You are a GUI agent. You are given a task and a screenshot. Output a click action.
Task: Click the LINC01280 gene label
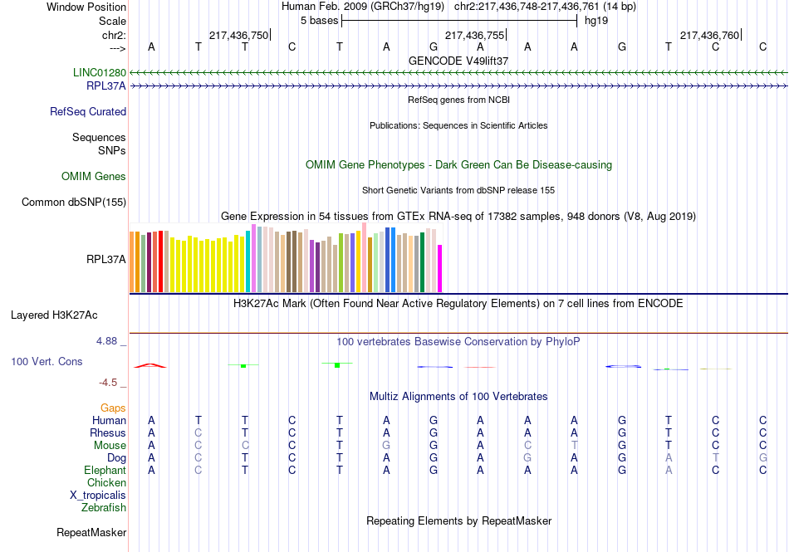click(x=99, y=73)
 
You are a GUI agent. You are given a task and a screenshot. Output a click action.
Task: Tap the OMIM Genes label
click(x=94, y=177)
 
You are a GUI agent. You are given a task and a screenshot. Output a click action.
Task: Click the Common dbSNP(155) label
click(x=74, y=203)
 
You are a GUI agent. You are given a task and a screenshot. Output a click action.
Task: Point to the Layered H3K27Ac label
click(x=54, y=315)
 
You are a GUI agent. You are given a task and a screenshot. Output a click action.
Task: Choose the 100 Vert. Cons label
click(x=47, y=362)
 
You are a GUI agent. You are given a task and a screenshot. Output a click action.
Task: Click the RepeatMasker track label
click(x=91, y=532)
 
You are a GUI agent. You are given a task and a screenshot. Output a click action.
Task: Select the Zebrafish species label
click(x=104, y=508)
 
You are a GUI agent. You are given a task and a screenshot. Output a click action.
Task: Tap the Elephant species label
click(x=104, y=471)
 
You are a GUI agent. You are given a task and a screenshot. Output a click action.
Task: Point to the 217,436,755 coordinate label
click(x=474, y=36)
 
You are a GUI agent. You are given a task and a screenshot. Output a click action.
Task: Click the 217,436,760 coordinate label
click(x=709, y=36)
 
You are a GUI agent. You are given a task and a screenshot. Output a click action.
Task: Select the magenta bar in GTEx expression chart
click(x=440, y=268)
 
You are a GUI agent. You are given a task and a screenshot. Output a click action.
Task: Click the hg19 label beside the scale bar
click(x=596, y=21)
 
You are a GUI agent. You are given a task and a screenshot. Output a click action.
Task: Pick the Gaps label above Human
click(x=113, y=408)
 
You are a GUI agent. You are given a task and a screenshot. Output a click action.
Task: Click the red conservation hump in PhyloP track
click(x=150, y=365)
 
